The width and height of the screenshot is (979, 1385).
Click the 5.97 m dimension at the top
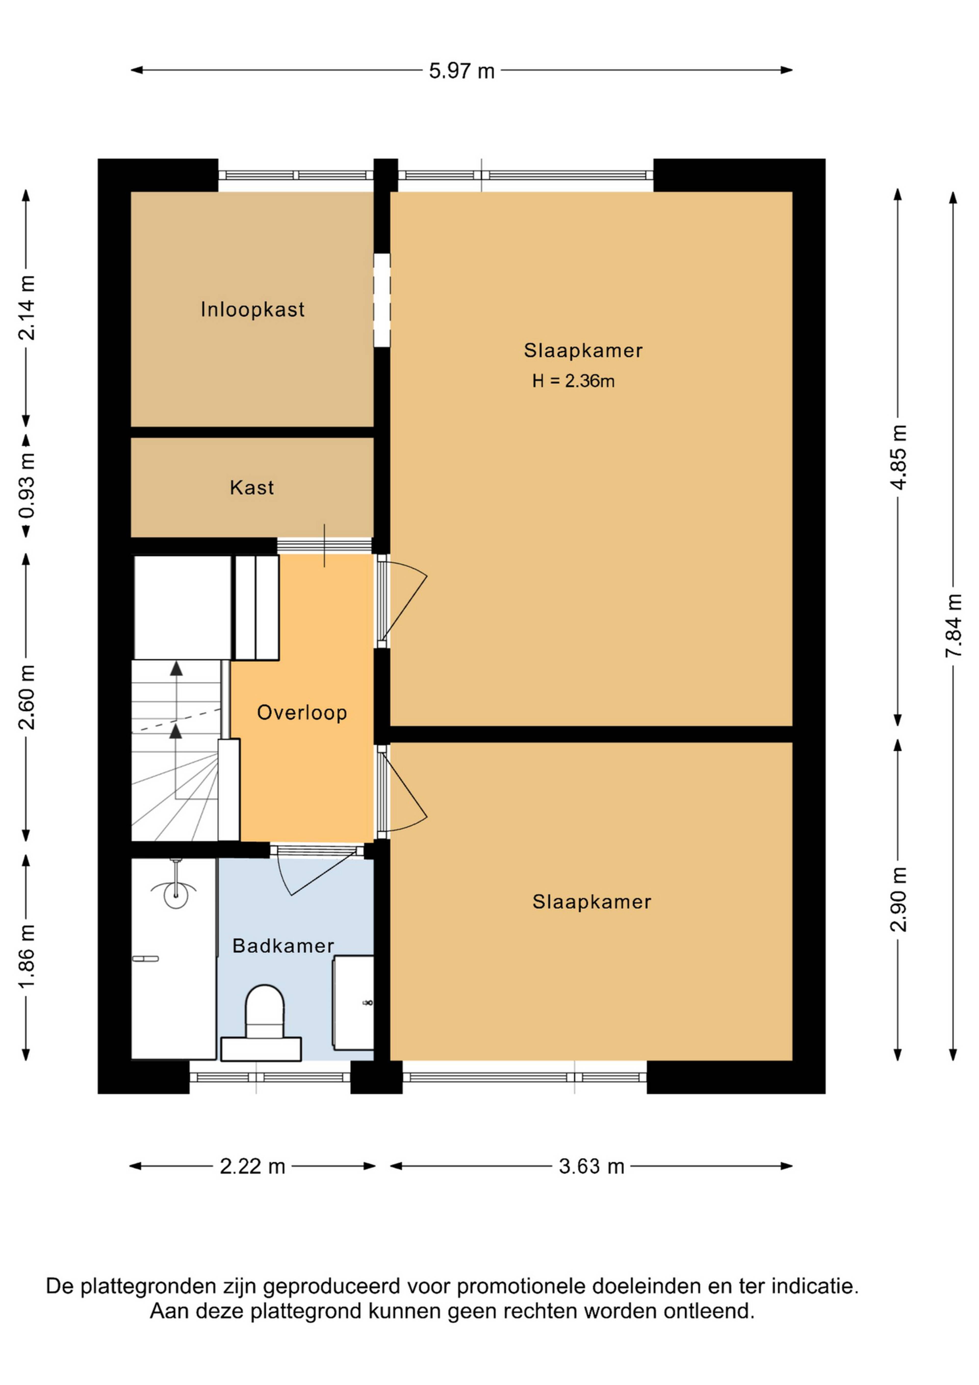click(462, 71)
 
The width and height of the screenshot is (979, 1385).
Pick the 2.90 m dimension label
click(898, 900)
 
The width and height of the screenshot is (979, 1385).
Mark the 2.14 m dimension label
click(27, 308)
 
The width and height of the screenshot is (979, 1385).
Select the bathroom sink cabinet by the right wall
click(353, 1003)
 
